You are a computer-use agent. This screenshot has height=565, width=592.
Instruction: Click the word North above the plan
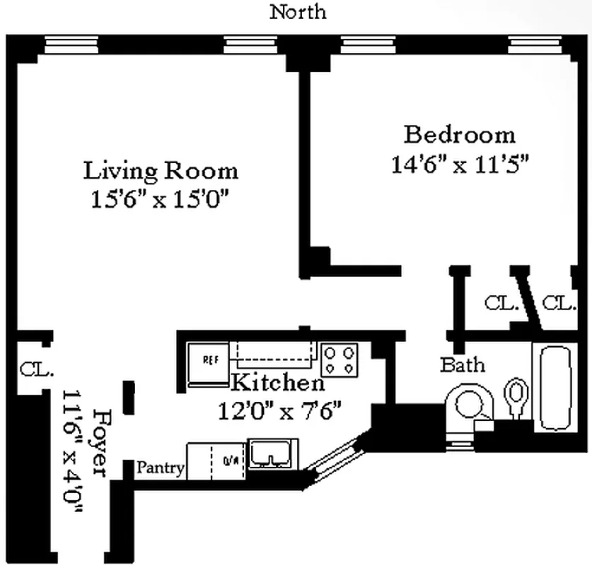point(298,12)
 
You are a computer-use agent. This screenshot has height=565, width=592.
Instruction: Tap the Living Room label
point(161,171)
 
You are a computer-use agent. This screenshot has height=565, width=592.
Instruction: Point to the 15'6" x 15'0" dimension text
point(161,200)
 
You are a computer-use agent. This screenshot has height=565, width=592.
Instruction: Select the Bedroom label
point(459,134)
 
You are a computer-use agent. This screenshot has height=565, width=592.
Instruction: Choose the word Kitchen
point(278,383)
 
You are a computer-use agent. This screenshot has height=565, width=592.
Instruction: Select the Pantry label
point(160,468)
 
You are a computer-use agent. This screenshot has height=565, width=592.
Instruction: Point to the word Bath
point(463,365)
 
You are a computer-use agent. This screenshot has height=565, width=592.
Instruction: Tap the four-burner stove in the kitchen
point(340,360)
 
